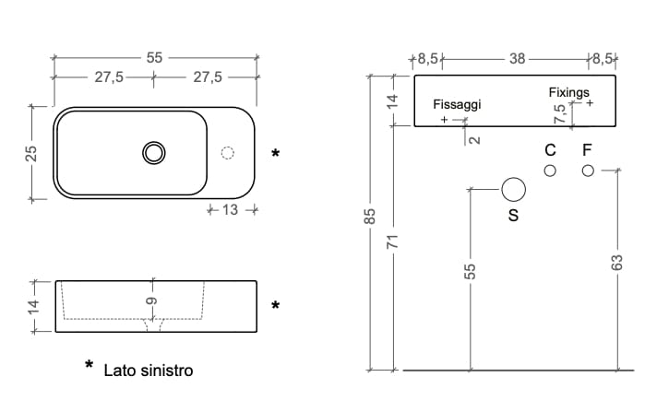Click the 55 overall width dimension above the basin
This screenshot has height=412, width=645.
point(154,57)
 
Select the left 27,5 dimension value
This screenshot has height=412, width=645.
point(109,77)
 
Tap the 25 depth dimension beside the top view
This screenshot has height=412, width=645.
point(30,153)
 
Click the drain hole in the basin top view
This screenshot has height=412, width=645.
point(154,152)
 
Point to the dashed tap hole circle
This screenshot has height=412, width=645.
point(229,153)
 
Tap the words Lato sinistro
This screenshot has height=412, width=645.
point(148,371)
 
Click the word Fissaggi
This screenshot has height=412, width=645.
point(457,104)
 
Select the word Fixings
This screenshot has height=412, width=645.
point(568,92)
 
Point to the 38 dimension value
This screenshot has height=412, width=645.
point(517,59)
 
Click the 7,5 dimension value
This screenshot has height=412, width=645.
point(559,114)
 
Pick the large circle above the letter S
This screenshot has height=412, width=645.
point(513,190)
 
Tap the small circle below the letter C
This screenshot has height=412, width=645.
point(550,170)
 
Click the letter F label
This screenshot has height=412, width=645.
point(586,149)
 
